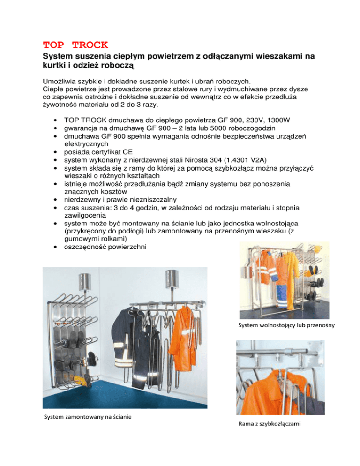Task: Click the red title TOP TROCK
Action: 75,45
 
